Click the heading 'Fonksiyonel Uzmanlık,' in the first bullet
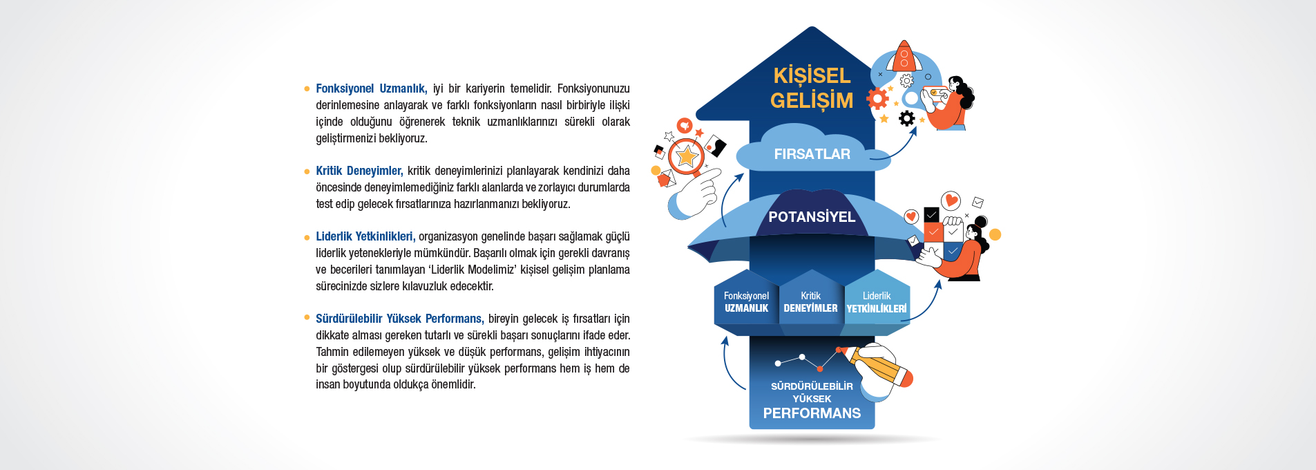(x=371, y=88)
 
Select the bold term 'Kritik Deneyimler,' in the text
(x=359, y=171)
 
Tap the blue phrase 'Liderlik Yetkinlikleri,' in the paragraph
(x=365, y=236)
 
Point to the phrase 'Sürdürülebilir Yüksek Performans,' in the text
(x=399, y=319)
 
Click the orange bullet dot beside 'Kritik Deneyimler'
(x=307, y=171)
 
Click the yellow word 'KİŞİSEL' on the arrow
(x=812, y=75)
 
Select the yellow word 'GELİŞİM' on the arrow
(x=812, y=101)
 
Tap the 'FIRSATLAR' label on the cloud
(x=812, y=154)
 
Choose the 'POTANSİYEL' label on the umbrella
(x=812, y=217)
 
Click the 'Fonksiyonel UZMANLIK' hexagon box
(x=746, y=303)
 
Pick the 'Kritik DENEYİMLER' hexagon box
(x=810, y=303)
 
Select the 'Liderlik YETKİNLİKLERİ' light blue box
(x=877, y=303)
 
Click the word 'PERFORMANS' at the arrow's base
(x=812, y=413)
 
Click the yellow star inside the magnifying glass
(x=687, y=156)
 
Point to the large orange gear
(x=877, y=99)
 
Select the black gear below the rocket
(x=907, y=119)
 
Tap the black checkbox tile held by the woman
(x=931, y=215)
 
